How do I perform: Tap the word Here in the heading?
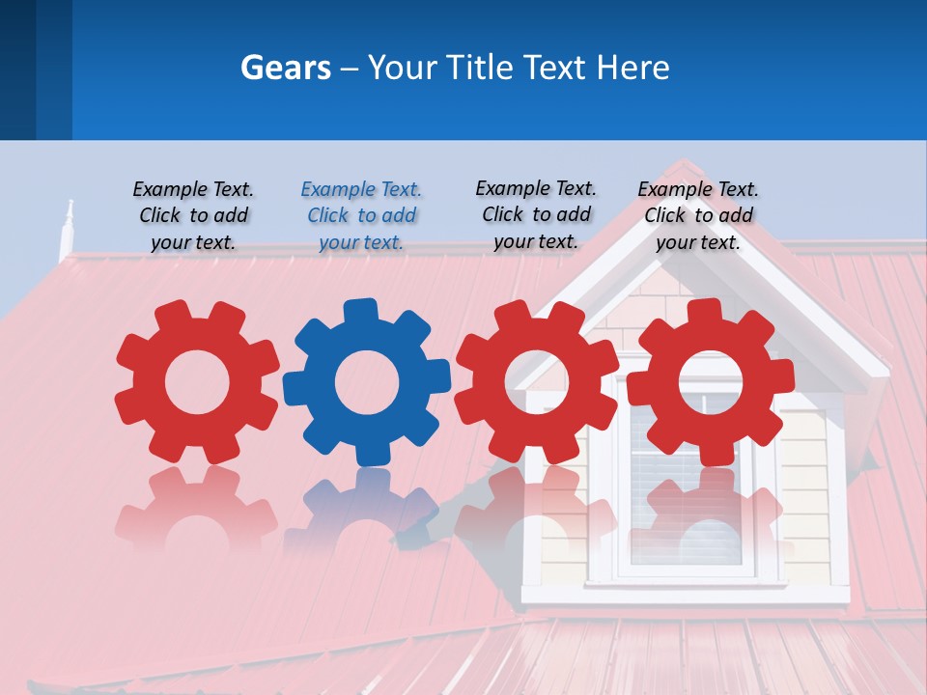tap(632, 68)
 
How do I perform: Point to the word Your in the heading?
tap(401, 68)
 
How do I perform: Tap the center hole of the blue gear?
tap(367, 383)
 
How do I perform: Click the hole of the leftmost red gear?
tap(197, 383)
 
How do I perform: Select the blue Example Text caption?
tap(361, 215)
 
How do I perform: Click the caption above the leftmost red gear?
tap(193, 215)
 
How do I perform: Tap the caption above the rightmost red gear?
tap(698, 215)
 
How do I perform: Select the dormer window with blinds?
tap(686, 483)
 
